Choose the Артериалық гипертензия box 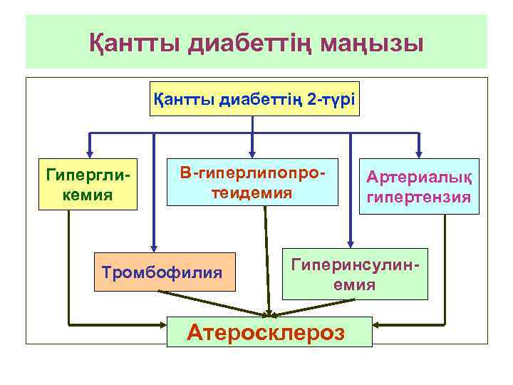[418, 187]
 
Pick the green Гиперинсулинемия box [355, 273]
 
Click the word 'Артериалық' [418, 177]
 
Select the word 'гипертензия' [418, 197]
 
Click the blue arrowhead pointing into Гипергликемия [88, 153]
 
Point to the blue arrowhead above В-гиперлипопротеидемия [251, 153]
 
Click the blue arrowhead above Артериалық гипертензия [418, 153]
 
